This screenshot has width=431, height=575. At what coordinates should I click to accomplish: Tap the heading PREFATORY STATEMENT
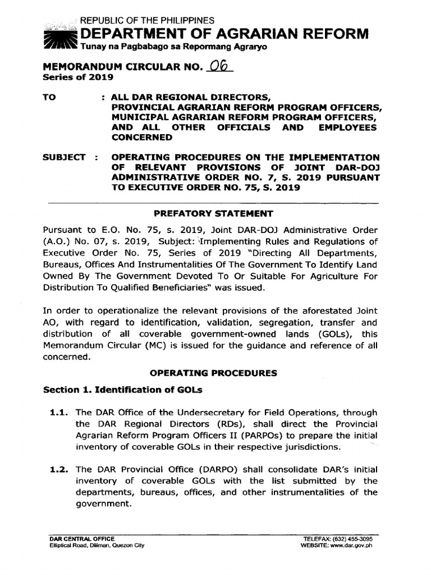click(x=213, y=213)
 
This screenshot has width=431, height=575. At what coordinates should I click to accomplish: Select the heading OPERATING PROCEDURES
click(x=213, y=373)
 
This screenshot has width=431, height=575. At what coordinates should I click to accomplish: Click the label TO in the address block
click(x=50, y=97)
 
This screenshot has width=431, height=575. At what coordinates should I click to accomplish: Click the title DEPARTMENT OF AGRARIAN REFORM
click(x=225, y=34)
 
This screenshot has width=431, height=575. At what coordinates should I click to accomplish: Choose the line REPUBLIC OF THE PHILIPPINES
click(x=147, y=21)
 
